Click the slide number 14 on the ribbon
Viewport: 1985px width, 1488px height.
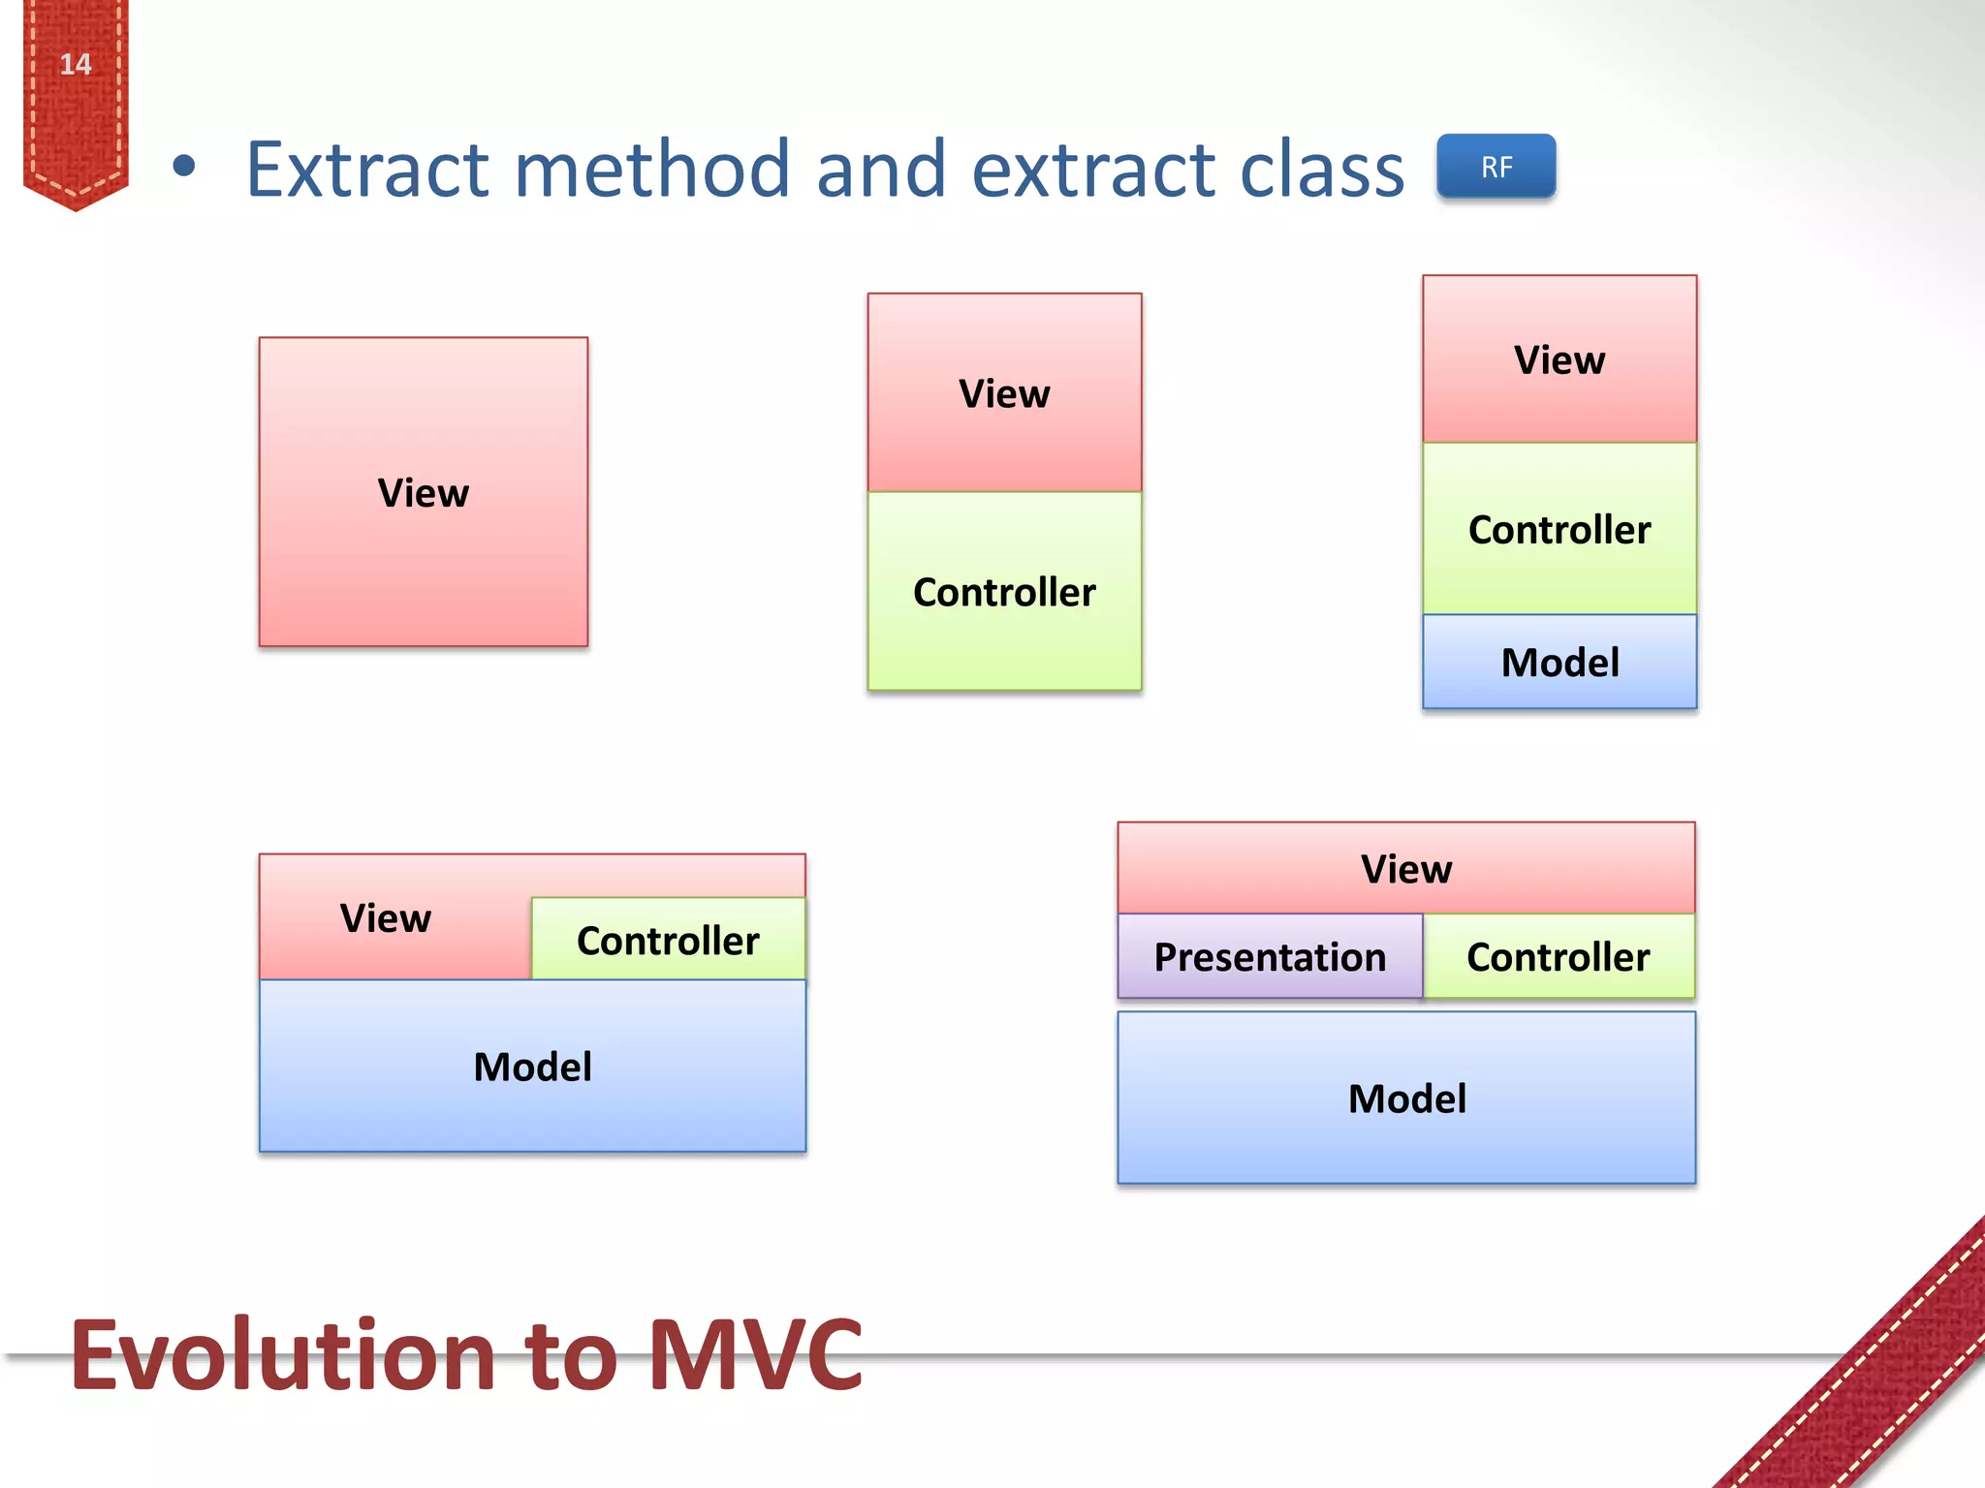[76, 65]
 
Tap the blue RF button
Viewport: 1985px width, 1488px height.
[1496, 167]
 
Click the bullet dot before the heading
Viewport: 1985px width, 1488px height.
[184, 167]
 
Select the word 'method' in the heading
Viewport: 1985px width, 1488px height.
[651, 170]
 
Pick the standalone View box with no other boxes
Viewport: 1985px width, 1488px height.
[424, 492]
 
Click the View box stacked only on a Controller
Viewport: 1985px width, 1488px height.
[1004, 393]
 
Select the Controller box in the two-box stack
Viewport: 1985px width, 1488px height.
[1004, 592]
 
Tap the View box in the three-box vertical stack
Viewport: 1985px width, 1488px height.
[1559, 360]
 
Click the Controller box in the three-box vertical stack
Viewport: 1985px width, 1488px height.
[1559, 529]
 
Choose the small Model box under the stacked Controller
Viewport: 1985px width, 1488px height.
[1559, 663]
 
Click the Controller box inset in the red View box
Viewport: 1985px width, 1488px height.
[668, 940]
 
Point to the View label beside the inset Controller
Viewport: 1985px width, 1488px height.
[386, 917]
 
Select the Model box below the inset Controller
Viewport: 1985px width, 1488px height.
[532, 1067]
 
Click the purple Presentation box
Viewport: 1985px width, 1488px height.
[1270, 957]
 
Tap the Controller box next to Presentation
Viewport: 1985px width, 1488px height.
[1558, 957]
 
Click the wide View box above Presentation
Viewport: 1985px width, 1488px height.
[1405, 869]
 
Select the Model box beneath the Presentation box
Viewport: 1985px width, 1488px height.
[1405, 1099]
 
